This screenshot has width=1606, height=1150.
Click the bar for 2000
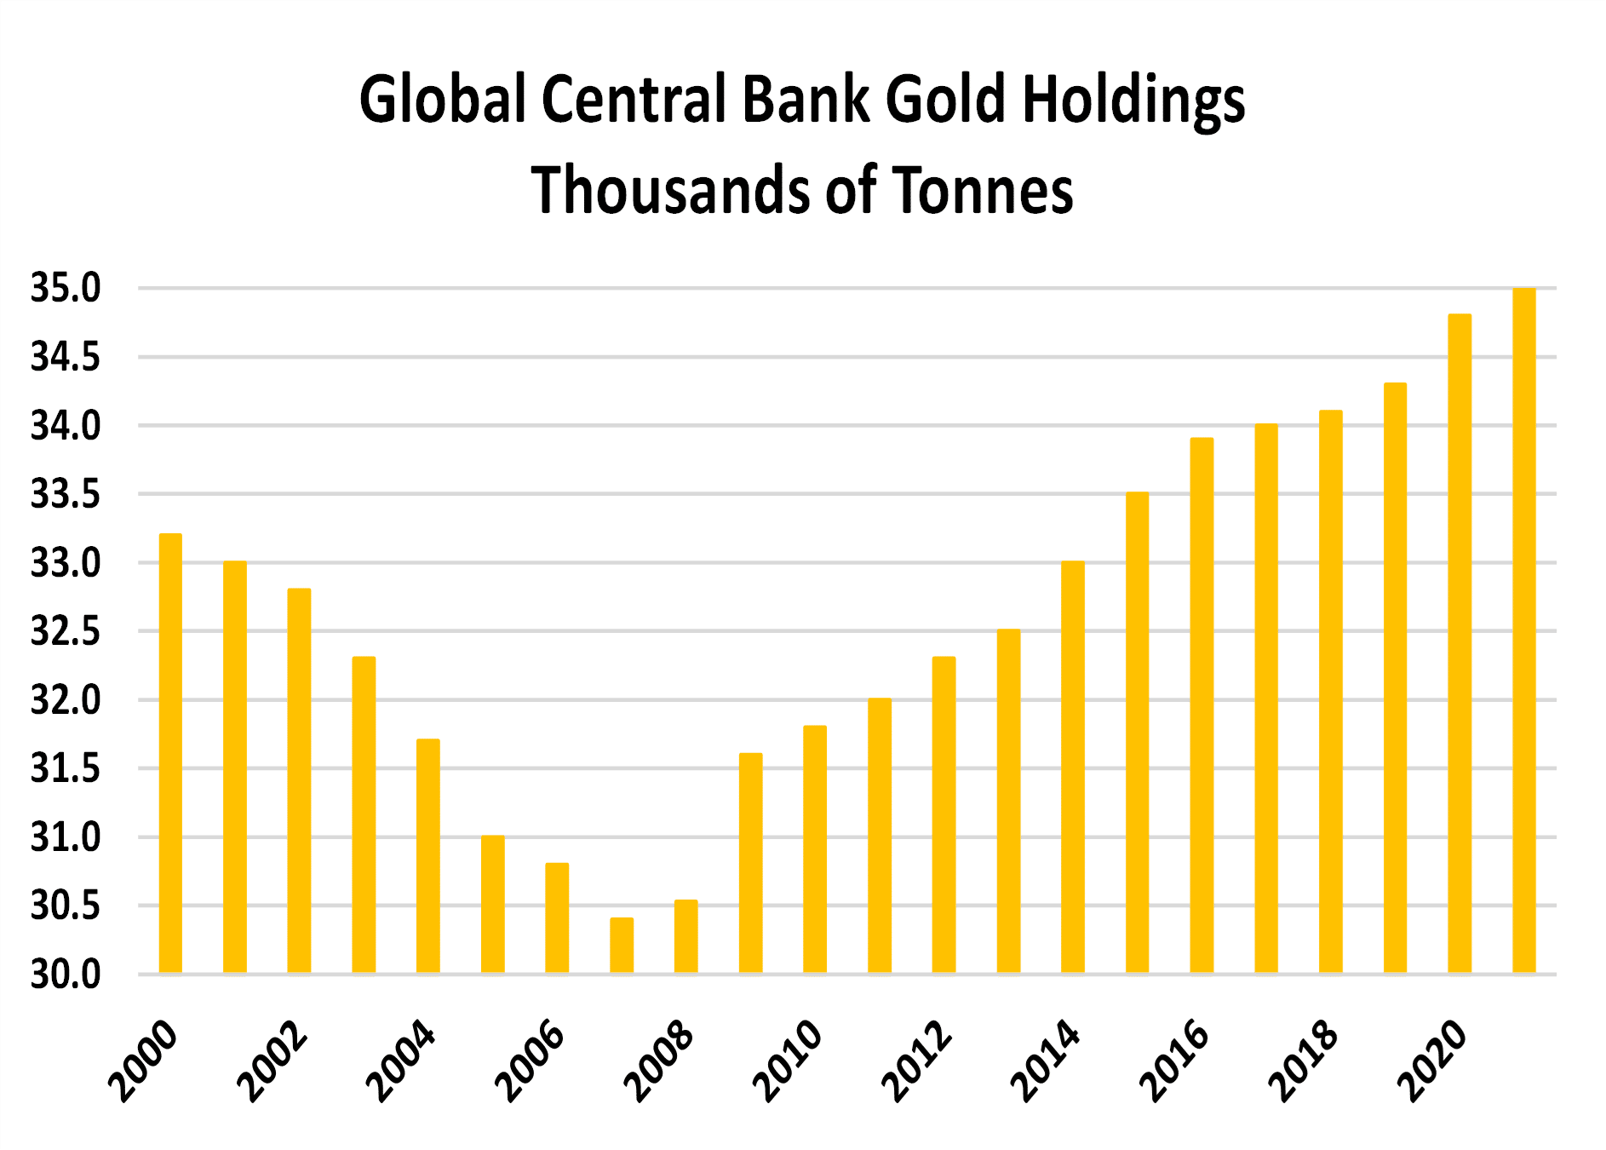click(x=170, y=754)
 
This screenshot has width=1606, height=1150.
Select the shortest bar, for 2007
click(x=622, y=946)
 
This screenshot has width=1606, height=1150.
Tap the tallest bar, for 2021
click(x=1524, y=630)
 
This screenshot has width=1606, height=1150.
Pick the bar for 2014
click(x=1073, y=767)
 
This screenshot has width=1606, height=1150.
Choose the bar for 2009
click(x=750, y=863)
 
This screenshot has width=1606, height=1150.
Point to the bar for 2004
click(x=428, y=856)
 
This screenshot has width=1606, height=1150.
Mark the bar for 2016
click(x=1202, y=705)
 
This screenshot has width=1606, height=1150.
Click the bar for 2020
click(x=1460, y=644)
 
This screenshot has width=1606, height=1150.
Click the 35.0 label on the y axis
click(x=66, y=288)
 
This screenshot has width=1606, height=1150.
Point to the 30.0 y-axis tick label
click(x=66, y=975)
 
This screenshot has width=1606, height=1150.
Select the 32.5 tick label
click(x=66, y=631)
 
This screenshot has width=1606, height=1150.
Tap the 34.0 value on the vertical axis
click(x=66, y=425)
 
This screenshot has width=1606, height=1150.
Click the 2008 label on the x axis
click(x=659, y=1061)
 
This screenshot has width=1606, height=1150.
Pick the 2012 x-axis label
click(x=917, y=1061)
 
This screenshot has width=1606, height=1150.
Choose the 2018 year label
click(x=1304, y=1061)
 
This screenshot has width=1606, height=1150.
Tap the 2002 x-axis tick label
click(x=272, y=1061)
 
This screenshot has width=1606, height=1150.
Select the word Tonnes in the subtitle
click(x=983, y=189)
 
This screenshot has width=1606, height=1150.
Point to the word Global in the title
click(x=443, y=99)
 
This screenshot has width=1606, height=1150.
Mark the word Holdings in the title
click(x=1133, y=101)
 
